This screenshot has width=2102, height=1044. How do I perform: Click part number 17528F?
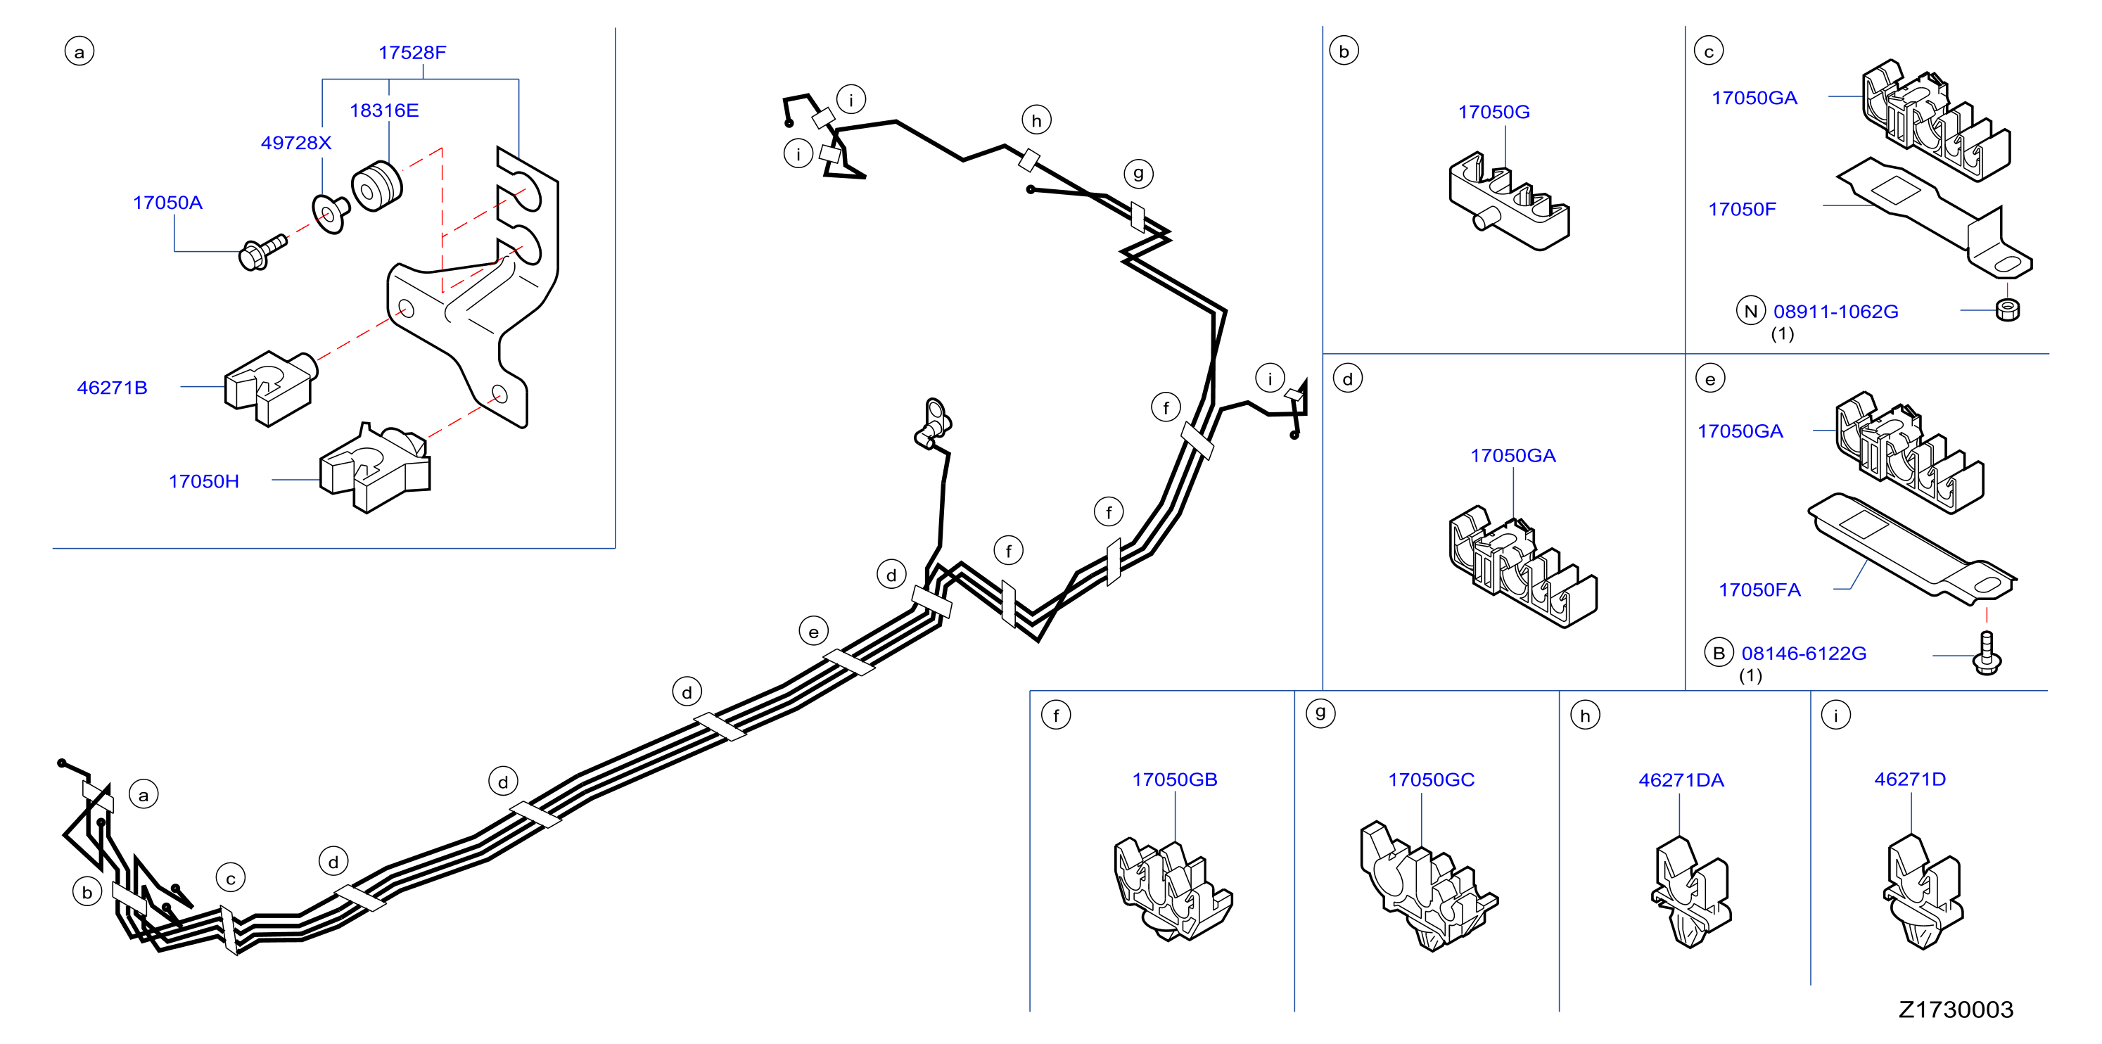click(412, 52)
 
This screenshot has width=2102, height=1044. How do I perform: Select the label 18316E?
click(383, 110)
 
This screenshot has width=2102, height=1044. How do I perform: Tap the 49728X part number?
click(295, 143)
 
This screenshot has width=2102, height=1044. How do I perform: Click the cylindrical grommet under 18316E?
click(376, 187)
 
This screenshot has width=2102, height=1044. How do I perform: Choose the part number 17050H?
click(203, 482)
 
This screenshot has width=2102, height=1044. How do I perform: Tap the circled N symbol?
click(1750, 311)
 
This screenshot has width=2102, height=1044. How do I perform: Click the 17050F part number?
click(1741, 209)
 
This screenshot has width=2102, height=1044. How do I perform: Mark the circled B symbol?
click(1719, 653)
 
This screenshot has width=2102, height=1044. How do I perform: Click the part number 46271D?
click(1909, 779)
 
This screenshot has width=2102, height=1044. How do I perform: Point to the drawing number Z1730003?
click(1955, 1010)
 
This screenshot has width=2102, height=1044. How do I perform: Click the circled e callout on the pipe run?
click(813, 631)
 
